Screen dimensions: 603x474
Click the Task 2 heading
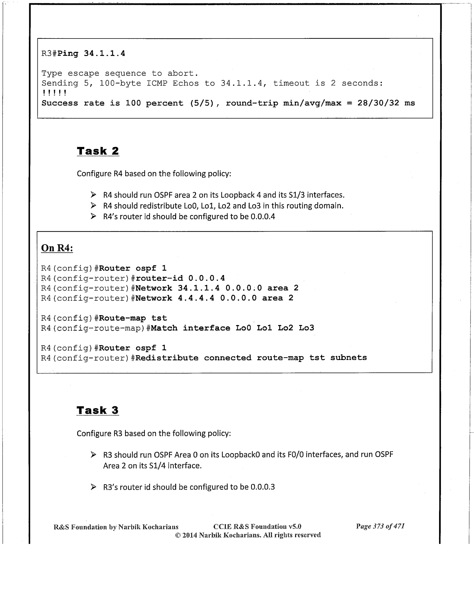98,151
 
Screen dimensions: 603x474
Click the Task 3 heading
98,410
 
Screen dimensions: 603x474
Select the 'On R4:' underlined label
57,248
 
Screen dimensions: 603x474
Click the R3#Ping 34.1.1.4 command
83,53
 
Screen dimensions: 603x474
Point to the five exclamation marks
54,93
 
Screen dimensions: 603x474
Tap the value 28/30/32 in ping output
378,103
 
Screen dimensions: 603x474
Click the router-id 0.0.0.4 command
180,278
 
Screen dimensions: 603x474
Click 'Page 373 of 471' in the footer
380,526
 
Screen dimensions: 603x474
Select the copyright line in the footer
248,535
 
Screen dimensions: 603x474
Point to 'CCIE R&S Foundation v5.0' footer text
257,527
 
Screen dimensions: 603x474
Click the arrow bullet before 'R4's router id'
93,216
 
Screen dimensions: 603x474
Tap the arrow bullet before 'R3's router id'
93,487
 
